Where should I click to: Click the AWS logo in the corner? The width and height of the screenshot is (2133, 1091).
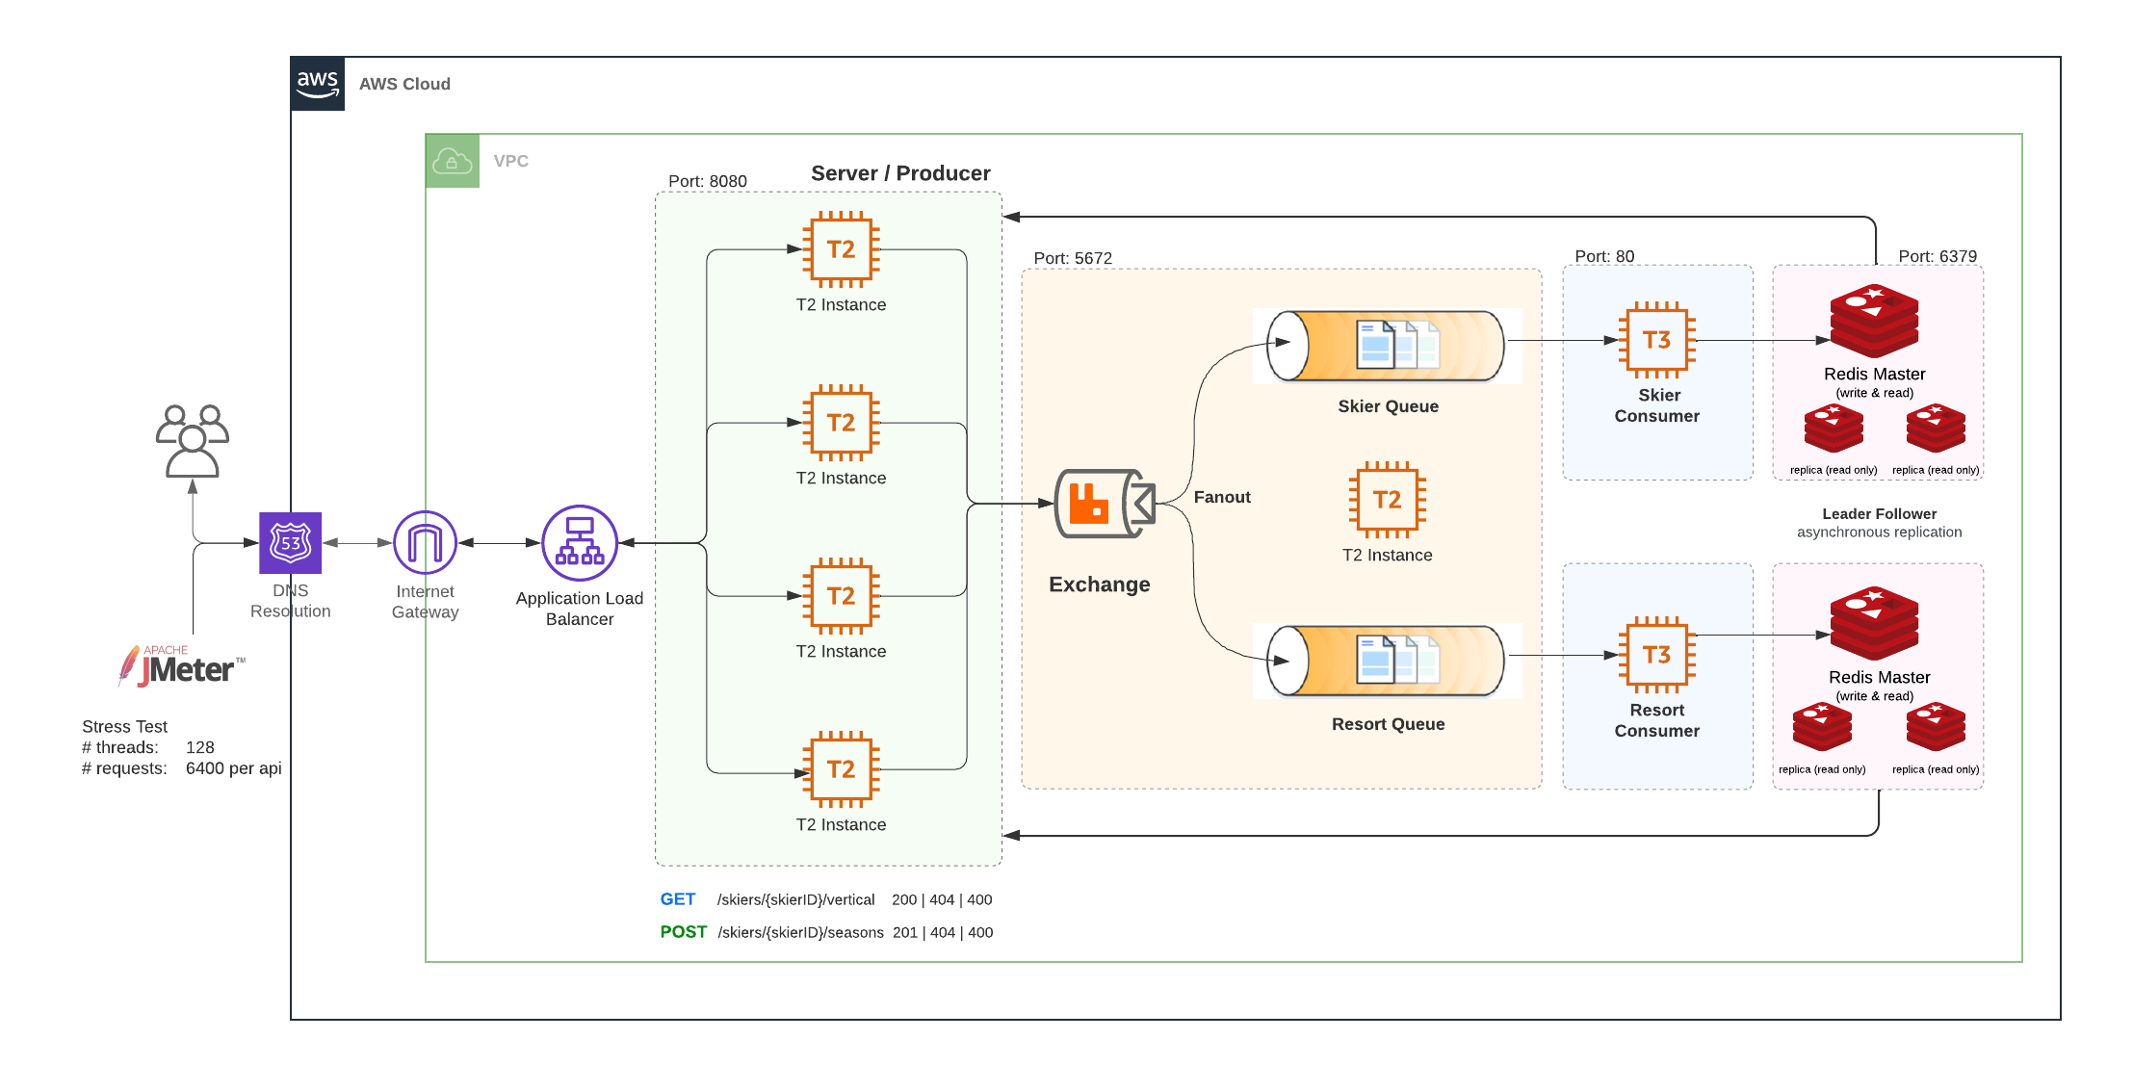[x=317, y=84]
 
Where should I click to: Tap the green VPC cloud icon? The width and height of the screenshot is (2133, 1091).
[x=452, y=161]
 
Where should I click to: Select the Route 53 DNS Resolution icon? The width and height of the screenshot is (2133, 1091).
[x=291, y=543]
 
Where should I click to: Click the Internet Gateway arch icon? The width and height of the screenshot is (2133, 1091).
[x=425, y=543]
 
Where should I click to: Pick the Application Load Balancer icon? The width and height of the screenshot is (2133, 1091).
[x=579, y=543]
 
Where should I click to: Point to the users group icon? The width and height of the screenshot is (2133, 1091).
[x=193, y=441]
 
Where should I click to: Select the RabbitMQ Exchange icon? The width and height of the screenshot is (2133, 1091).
[x=1104, y=504]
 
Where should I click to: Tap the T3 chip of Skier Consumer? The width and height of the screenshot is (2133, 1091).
[x=1656, y=340]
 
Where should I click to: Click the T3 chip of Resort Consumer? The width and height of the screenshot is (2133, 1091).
[x=1656, y=655]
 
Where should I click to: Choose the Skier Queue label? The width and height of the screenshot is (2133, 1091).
[x=1388, y=406]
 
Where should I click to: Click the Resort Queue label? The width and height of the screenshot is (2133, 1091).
[x=1388, y=724]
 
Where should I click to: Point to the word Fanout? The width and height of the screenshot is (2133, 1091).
[x=1222, y=497]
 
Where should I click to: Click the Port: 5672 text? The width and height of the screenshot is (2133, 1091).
[x=1073, y=258]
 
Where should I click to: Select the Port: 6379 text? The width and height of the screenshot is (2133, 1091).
[x=1938, y=256]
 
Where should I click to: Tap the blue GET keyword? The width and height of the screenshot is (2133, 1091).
[x=677, y=899]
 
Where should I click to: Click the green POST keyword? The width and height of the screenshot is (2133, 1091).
[x=683, y=932]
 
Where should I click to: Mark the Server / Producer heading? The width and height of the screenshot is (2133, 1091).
[x=900, y=173]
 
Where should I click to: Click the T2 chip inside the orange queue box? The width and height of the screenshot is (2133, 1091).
[x=1387, y=500]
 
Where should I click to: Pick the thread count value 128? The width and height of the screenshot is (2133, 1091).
[x=199, y=747]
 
